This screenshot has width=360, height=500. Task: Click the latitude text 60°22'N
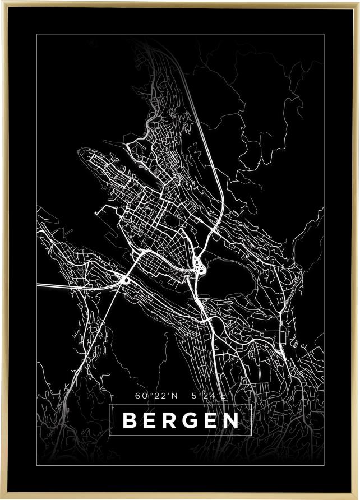(156, 395)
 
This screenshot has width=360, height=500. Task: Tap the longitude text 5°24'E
(207, 395)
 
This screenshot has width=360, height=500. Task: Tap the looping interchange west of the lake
(199, 266)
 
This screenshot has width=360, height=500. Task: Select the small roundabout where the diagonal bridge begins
(127, 279)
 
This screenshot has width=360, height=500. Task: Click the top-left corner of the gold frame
(2, 2)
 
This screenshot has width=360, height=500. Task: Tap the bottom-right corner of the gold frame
(358, 498)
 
